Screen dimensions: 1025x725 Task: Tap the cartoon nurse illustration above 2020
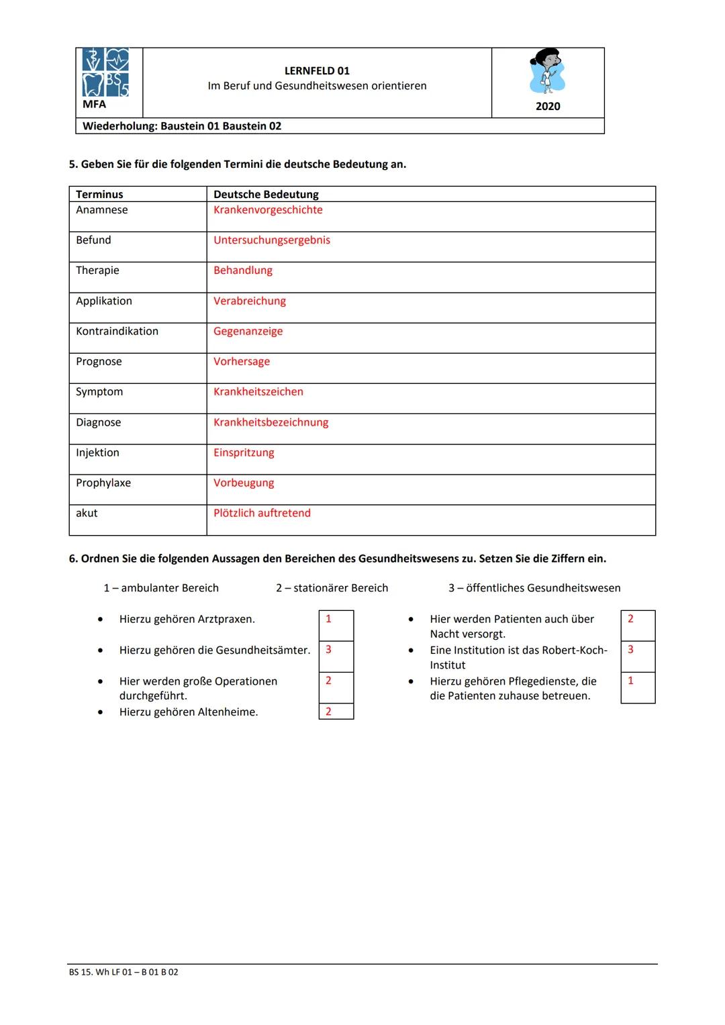(x=547, y=71)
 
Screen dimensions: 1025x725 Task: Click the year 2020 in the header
(x=548, y=106)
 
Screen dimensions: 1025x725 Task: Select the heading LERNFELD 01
(x=317, y=70)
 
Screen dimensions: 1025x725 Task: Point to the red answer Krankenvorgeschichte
(x=268, y=210)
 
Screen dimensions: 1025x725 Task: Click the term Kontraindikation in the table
(x=117, y=332)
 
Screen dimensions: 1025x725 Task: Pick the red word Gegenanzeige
(x=248, y=332)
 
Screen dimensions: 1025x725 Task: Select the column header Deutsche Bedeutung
(x=266, y=195)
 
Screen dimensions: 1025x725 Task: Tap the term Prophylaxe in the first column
(x=103, y=483)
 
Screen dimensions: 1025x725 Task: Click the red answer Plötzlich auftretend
(x=262, y=514)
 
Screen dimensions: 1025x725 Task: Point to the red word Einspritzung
(x=244, y=453)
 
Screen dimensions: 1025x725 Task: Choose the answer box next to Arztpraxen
(x=336, y=625)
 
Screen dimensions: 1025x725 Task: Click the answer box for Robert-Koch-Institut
(x=638, y=656)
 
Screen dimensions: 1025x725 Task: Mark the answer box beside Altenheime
(x=336, y=712)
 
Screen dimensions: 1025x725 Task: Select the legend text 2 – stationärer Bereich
(x=332, y=588)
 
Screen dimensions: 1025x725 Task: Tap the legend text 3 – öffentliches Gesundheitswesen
(x=534, y=588)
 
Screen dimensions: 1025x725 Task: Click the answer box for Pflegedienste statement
(x=638, y=687)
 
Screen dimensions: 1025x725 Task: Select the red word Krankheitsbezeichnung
(x=271, y=423)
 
